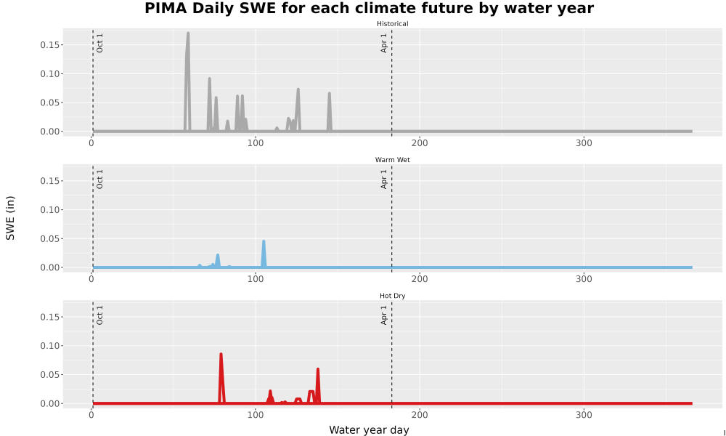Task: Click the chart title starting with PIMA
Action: pos(369,8)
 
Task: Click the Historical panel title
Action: pos(392,24)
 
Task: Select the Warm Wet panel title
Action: pos(392,160)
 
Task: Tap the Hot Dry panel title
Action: pos(392,296)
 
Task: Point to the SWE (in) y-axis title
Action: pos(10,218)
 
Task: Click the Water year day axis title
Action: pos(369,430)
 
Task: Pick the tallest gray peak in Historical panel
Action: pos(187,33)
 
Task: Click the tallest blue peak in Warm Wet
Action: pos(264,241)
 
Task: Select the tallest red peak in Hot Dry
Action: pos(221,355)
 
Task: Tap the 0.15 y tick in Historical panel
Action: pos(51,45)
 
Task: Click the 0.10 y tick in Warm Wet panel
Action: pos(51,210)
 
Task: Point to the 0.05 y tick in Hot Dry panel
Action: pos(51,375)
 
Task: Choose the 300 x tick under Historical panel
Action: pos(584,143)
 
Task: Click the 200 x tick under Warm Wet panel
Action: pos(420,279)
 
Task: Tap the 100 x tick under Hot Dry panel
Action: pos(255,415)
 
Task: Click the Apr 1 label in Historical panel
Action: pos(384,43)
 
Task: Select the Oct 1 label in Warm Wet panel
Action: pos(99,179)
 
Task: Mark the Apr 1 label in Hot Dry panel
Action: pos(384,315)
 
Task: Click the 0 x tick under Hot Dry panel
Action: pos(91,415)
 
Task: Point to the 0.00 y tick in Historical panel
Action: pos(51,132)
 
